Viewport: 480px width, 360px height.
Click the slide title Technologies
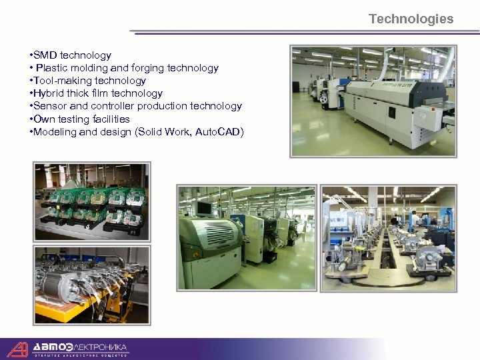(411, 19)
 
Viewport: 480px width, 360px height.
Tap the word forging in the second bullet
(148, 68)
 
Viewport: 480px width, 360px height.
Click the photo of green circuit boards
(92, 200)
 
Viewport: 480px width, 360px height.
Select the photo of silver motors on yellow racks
(92, 285)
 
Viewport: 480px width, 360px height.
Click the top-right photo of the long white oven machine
(373, 101)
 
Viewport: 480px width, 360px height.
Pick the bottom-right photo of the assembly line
(389, 238)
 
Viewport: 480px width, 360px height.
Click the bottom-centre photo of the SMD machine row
(246, 238)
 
